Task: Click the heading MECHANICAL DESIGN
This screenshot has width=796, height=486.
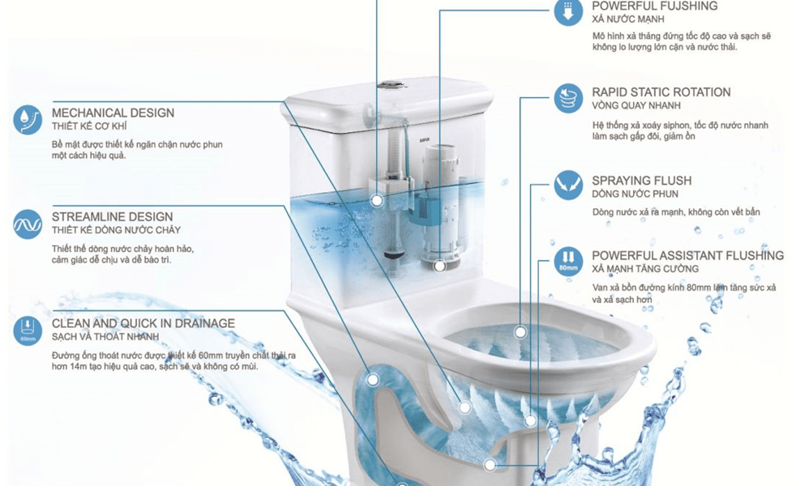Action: [x=113, y=113]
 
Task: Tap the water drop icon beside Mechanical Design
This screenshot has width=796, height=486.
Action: [x=28, y=120]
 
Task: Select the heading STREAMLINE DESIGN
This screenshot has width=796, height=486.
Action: [x=112, y=216]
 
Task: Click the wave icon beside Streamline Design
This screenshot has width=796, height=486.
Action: [x=28, y=224]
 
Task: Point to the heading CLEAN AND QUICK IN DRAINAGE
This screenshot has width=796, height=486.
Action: [x=143, y=323]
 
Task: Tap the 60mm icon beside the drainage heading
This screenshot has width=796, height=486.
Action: [x=28, y=330]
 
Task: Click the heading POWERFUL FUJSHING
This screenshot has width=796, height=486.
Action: [x=654, y=6]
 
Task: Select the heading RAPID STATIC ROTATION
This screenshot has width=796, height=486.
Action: [x=661, y=92]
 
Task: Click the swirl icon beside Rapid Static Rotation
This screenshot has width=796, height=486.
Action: [x=568, y=98]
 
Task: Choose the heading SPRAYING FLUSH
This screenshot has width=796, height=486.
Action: [x=641, y=181]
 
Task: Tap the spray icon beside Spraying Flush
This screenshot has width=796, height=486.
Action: [x=568, y=185]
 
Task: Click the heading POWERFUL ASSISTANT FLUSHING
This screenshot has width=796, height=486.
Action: [x=687, y=255]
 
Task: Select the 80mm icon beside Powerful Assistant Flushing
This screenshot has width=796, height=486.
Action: [x=568, y=260]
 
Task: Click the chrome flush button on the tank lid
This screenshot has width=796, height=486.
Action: [x=390, y=83]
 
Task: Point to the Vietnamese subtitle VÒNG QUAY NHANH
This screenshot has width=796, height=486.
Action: [x=636, y=106]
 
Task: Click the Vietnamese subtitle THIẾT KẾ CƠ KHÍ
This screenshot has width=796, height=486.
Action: [x=89, y=126]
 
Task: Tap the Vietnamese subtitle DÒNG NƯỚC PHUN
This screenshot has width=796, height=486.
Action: [x=635, y=194]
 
